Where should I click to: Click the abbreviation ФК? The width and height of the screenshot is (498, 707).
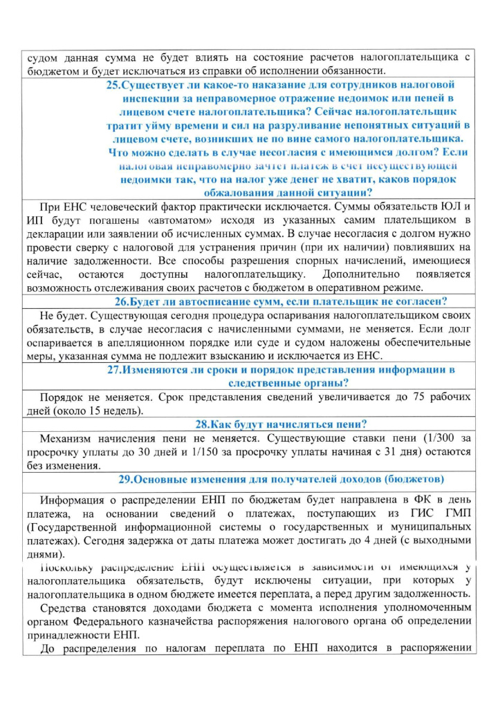click(413, 500)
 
